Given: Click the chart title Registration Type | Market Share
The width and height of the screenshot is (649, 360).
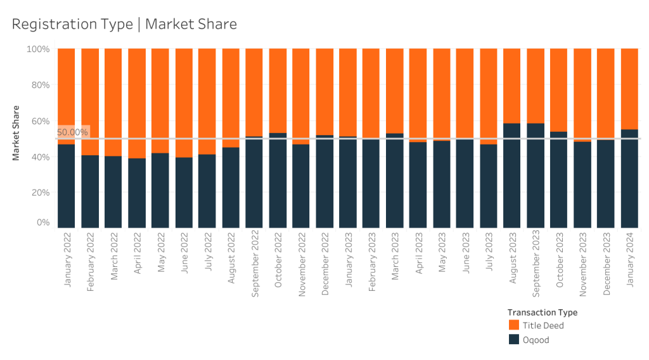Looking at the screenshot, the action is (124, 24).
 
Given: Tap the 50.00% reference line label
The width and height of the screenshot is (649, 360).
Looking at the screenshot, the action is (72, 132).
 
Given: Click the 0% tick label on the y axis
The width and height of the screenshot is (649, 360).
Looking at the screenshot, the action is (43, 222).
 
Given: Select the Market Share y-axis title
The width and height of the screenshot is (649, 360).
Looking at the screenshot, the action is (16, 133).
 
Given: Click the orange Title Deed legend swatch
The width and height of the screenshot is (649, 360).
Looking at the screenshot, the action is (513, 325).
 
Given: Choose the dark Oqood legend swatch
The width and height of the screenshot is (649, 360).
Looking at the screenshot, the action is (513, 339).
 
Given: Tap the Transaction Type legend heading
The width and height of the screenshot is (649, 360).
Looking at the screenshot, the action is (543, 312).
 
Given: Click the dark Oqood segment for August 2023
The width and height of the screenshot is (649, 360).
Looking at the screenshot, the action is (511, 176).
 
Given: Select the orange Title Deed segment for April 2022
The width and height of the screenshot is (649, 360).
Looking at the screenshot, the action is (137, 103).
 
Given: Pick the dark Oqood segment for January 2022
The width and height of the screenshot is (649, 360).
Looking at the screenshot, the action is (66, 186).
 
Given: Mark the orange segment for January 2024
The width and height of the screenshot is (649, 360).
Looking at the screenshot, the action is (629, 89).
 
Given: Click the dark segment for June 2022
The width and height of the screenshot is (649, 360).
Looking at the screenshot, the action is (184, 193).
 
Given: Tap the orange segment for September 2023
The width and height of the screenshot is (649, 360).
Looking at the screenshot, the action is (536, 86).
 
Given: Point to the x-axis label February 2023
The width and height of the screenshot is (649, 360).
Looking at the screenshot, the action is (371, 262).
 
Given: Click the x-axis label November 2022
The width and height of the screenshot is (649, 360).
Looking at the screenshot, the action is (302, 264).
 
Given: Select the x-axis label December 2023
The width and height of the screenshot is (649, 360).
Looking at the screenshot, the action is (607, 264).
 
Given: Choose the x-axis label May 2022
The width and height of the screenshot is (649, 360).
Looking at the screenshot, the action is (161, 252).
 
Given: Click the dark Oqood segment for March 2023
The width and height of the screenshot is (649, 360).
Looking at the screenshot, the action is (394, 181).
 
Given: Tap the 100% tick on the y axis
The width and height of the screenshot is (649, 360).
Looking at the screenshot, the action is (38, 49).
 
